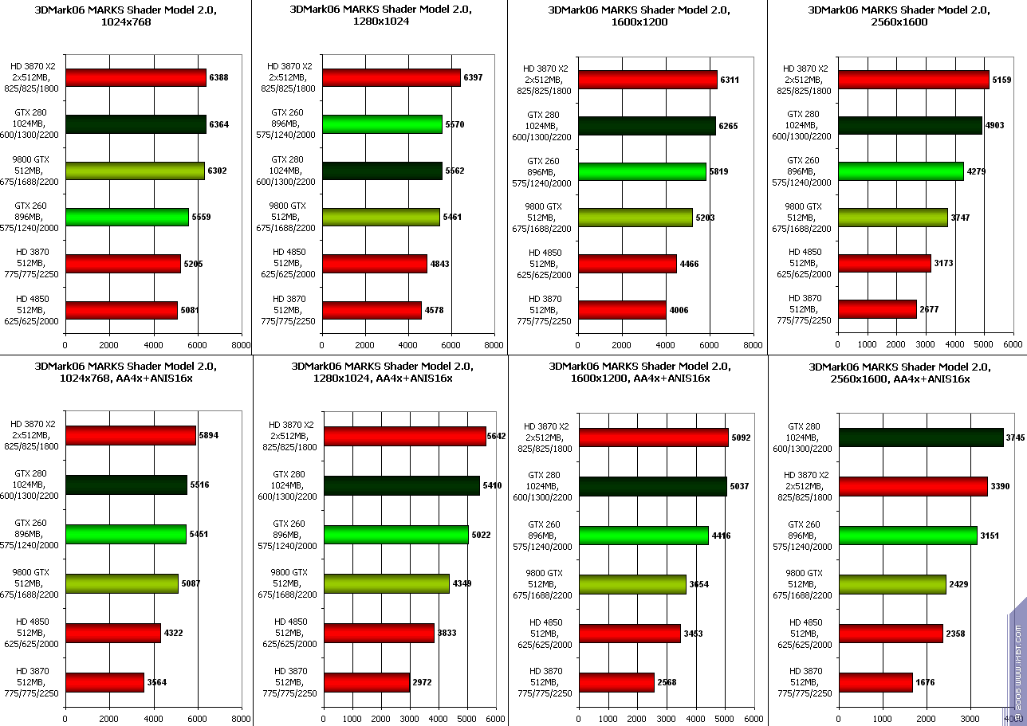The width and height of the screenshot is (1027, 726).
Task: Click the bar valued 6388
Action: (x=136, y=77)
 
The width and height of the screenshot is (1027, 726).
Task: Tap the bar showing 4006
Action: (x=622, y=310)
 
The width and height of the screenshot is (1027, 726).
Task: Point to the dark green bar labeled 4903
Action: (x=910, y=125)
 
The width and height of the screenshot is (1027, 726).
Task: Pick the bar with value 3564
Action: (x=105, y=682)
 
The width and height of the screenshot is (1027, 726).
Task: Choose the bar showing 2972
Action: (x=367, y=683)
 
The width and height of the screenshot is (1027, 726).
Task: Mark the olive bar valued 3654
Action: (x=632, y=584)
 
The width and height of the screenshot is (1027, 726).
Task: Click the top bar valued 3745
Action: (x=921, y=437)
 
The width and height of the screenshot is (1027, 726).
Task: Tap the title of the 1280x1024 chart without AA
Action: (x=380, y=16)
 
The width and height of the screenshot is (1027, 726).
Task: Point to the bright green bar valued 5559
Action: (x=128, y=217)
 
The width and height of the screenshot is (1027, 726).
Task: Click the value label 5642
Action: (x=496, y=436)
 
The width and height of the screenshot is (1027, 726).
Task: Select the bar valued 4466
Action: (x=628, y=264)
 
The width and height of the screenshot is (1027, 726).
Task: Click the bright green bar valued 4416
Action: (x=643, y=535)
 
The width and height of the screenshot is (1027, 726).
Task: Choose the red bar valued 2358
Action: (x=891, y=634)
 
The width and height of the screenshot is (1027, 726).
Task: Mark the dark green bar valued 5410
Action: (x=402, y=485)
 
